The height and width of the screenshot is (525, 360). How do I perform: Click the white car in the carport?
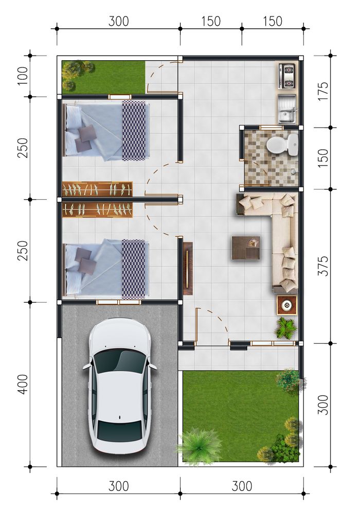(119, 387)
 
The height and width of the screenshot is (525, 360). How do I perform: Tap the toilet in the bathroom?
(282, 144)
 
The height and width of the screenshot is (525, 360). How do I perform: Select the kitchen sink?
(287, 108)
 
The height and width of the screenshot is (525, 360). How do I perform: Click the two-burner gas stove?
(287, 76)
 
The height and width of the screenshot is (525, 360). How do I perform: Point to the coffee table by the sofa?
(246, 248)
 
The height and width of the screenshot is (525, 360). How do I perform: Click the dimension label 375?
(323, 266)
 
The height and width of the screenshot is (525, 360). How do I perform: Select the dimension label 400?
(23, 384)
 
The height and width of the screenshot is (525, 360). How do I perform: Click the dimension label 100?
(23, 76)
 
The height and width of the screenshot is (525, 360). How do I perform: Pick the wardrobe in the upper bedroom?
(97, 189)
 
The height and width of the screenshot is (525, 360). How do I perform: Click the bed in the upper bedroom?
(106, 130)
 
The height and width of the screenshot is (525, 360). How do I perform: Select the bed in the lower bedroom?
(106, 269)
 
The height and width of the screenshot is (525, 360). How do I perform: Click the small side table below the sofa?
(287, 305)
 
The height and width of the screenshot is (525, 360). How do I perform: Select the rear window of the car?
(119, 431)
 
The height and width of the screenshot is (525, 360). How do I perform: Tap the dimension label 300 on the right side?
(323, 405)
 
